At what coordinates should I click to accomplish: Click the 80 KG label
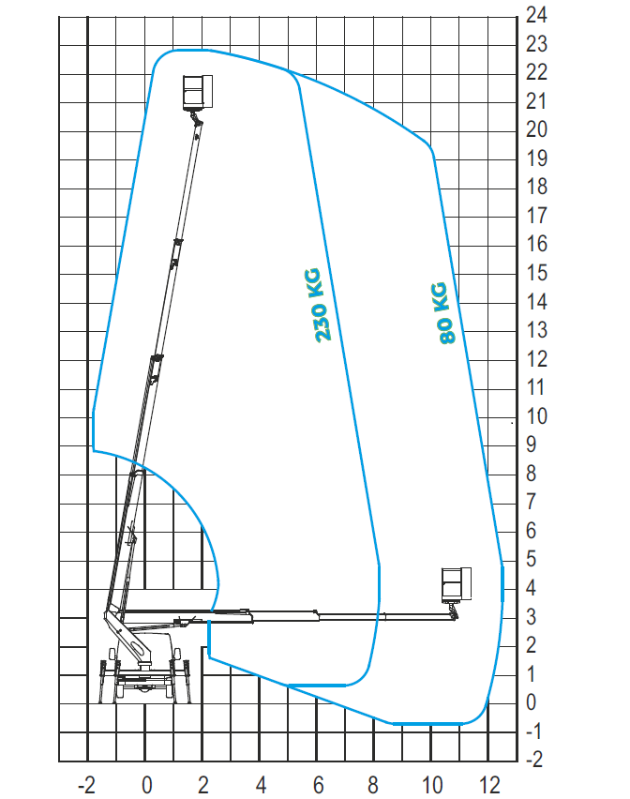(442, 312)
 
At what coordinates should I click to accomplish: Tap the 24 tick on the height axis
(537, 15)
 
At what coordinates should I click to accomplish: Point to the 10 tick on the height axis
(537, 416)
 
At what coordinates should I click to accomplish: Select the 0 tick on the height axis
(532, 702)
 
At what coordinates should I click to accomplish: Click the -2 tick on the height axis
(534, 760)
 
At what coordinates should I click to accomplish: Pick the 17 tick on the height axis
(537, 216)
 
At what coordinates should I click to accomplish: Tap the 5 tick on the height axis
(532, 560)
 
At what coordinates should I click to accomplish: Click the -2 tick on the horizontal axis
(86, 785)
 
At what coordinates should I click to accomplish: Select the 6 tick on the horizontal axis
(319, 785)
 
